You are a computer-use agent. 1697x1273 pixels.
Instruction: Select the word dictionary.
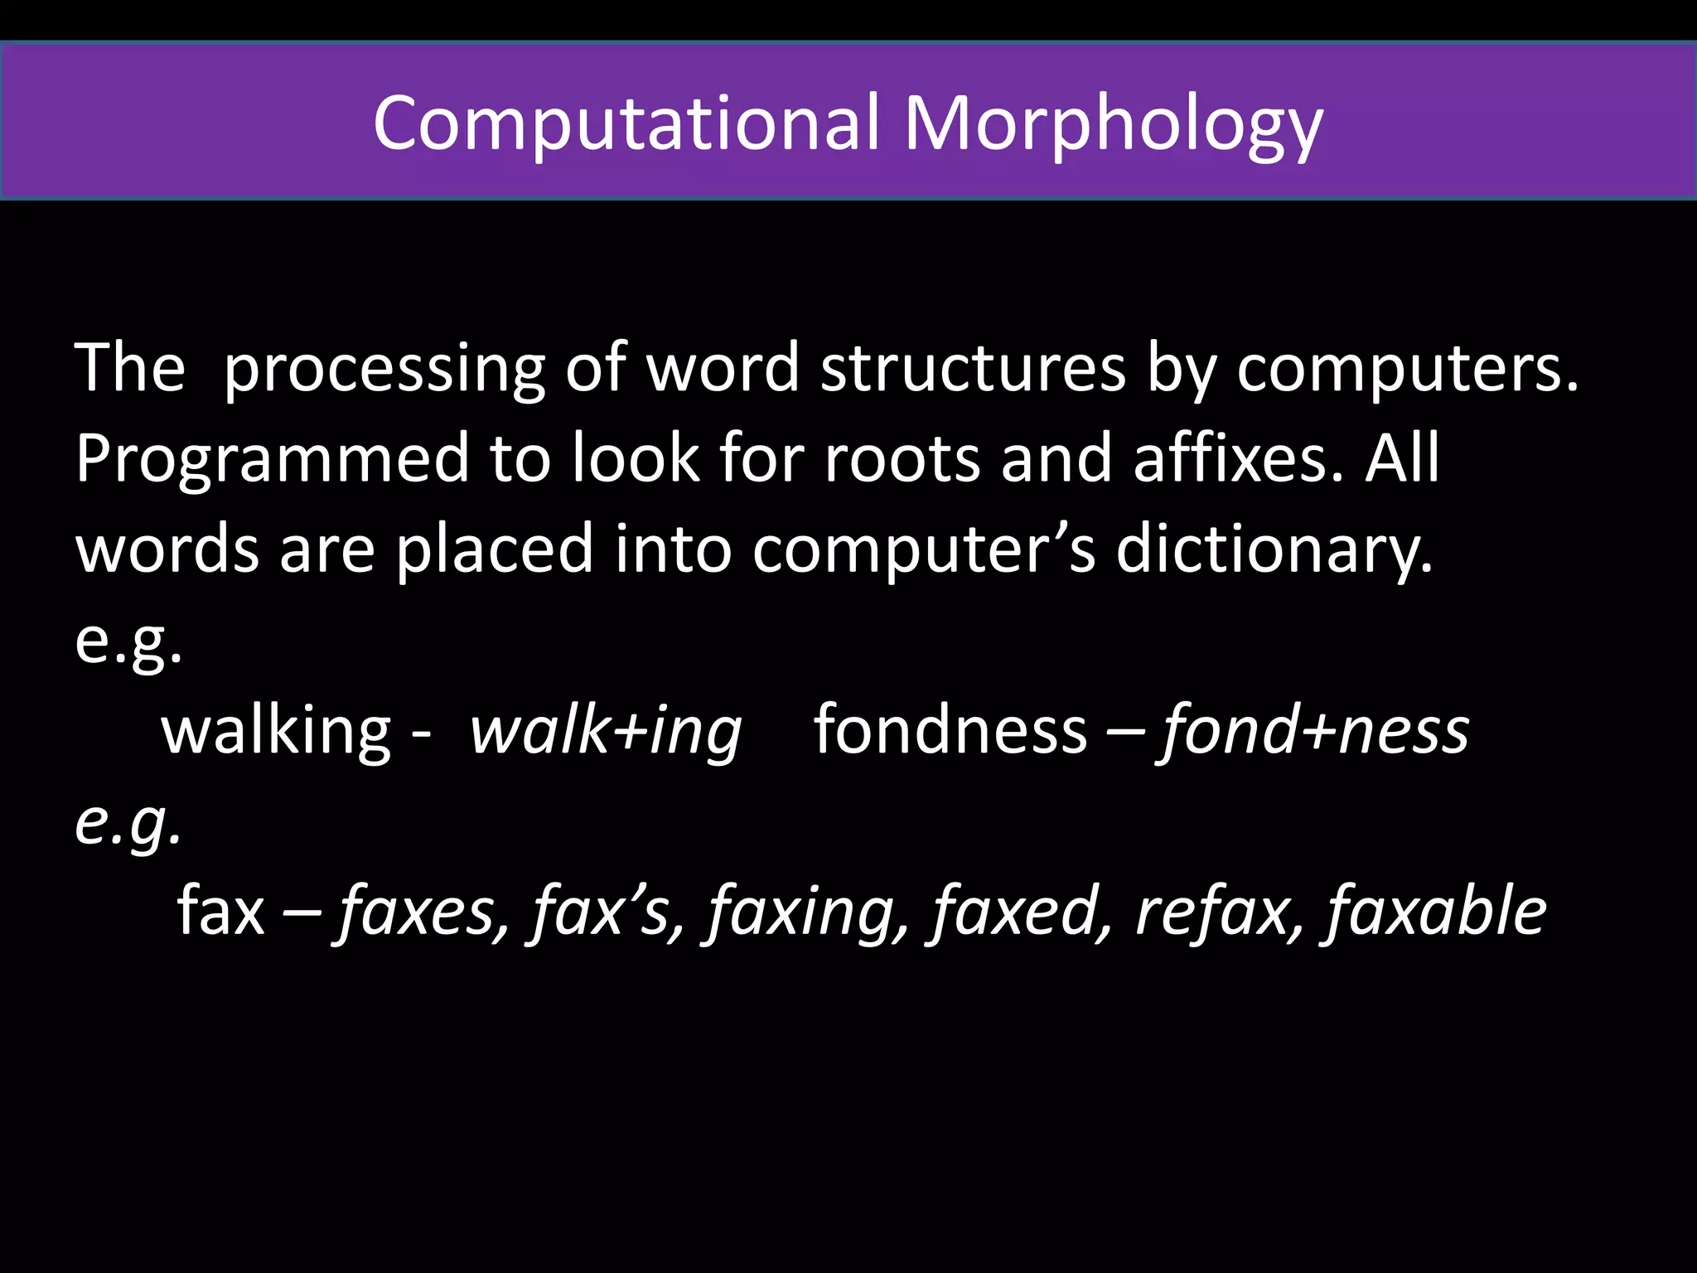pyautogui.click(x=1274, y=549)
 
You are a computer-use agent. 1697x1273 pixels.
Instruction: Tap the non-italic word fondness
pyautogui.click(x=950, y=730)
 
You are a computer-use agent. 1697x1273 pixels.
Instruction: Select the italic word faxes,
pyautogui.click(x=422, y=912)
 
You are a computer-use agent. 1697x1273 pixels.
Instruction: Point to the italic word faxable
pyautogui.click(x=1436, y=912)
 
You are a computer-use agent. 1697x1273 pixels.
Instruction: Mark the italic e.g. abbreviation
pyautogui.click(x=128, y=823)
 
